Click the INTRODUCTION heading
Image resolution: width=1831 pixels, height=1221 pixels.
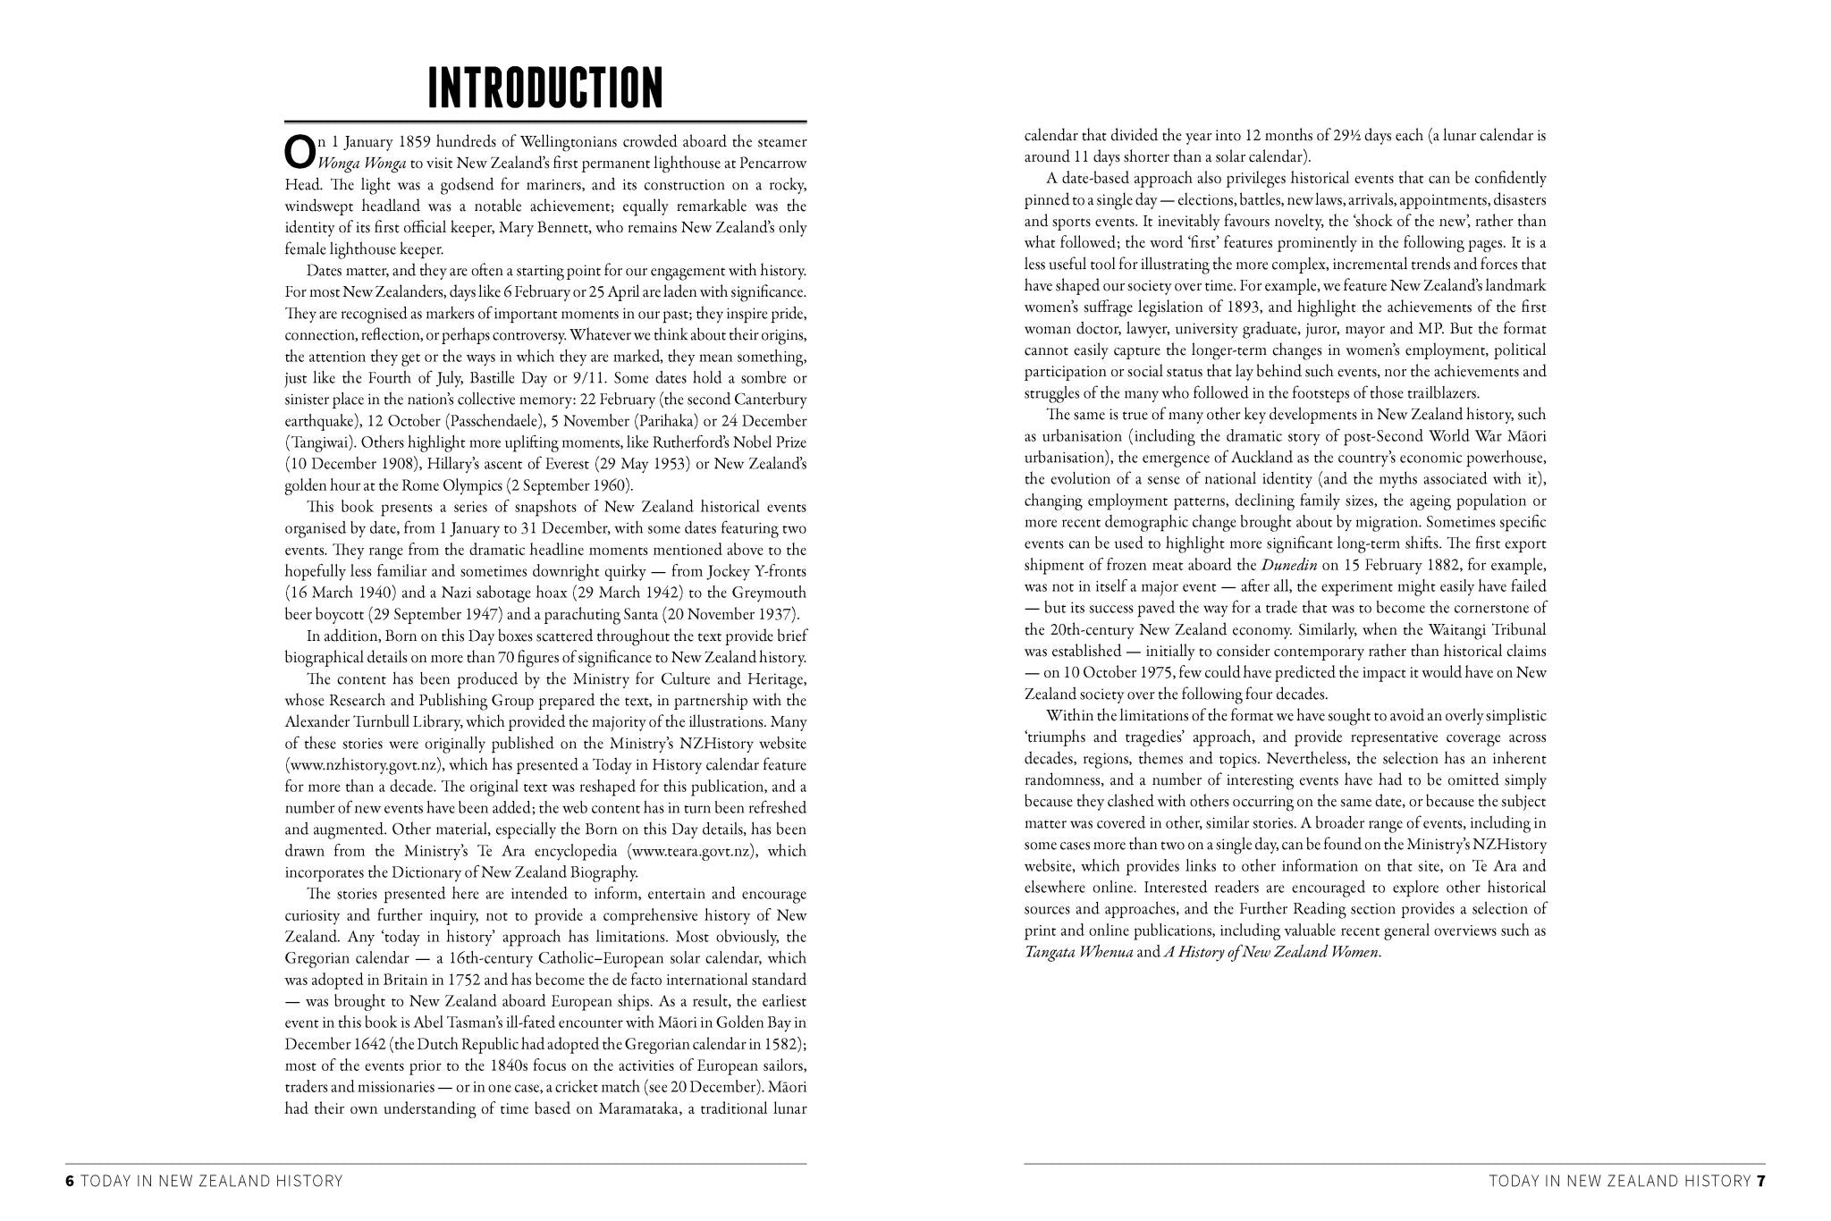pos(545,88)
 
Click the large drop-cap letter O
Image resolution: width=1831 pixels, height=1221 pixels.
pos(300,152)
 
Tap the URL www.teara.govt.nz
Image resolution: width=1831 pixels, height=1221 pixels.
pos(693,851)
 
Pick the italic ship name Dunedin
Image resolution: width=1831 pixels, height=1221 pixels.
pos(1289,565)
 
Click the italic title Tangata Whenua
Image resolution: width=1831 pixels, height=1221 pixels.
pos(1078,952)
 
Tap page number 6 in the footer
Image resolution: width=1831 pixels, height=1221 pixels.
pos(70,1181)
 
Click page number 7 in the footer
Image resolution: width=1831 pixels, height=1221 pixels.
pos(1760,1181)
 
